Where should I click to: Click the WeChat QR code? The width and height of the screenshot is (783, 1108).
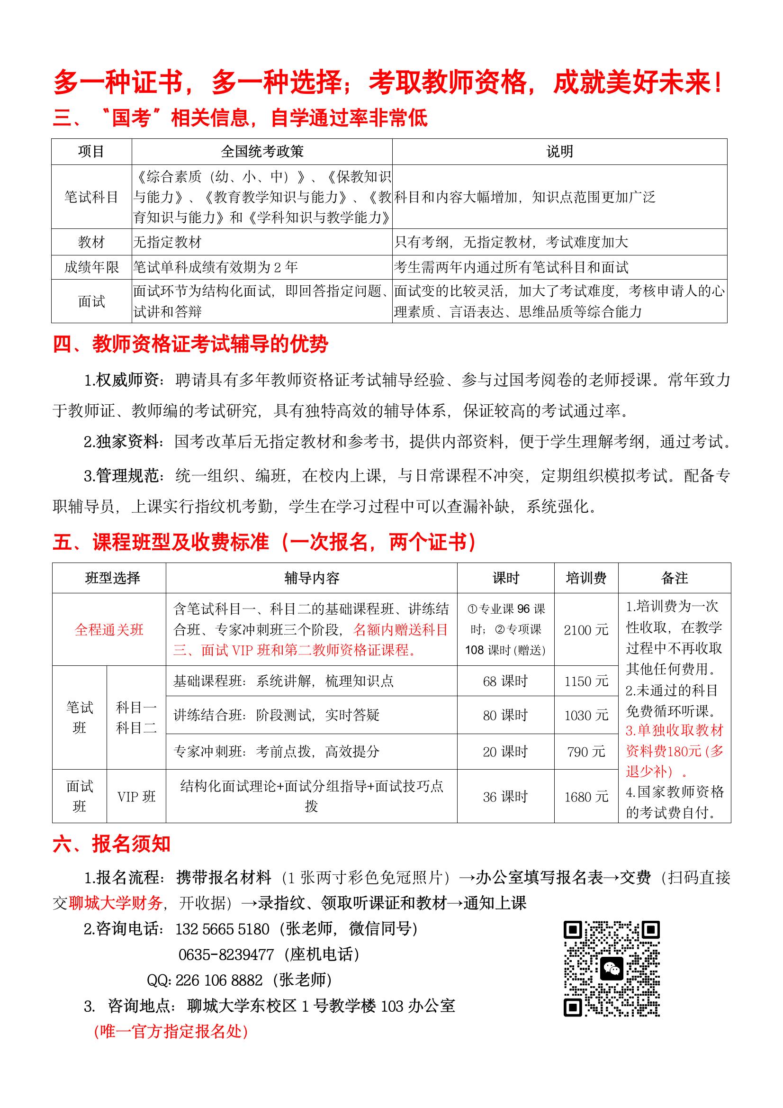611,969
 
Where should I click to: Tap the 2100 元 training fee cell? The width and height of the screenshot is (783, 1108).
585,629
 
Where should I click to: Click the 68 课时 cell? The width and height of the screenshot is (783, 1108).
505,681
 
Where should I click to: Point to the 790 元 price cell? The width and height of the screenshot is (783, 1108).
585,751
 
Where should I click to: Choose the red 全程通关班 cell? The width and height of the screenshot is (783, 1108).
109,629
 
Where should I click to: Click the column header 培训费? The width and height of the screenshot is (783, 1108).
585,578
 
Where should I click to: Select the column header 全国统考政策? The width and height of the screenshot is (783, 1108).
262,152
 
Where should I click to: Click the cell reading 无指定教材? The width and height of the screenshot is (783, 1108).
167,242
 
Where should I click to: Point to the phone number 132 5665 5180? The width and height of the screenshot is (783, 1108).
223,929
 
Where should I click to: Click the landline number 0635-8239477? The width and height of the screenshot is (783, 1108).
226,954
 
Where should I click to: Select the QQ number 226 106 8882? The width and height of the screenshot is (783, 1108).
219,980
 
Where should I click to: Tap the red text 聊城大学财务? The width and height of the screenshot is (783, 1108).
115,903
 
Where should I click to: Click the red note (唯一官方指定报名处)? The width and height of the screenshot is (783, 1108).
171,1031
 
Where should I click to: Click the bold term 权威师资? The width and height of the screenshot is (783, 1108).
127,380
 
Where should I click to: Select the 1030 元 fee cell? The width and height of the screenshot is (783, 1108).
585,715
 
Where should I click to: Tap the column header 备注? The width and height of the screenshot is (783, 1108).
674,578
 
